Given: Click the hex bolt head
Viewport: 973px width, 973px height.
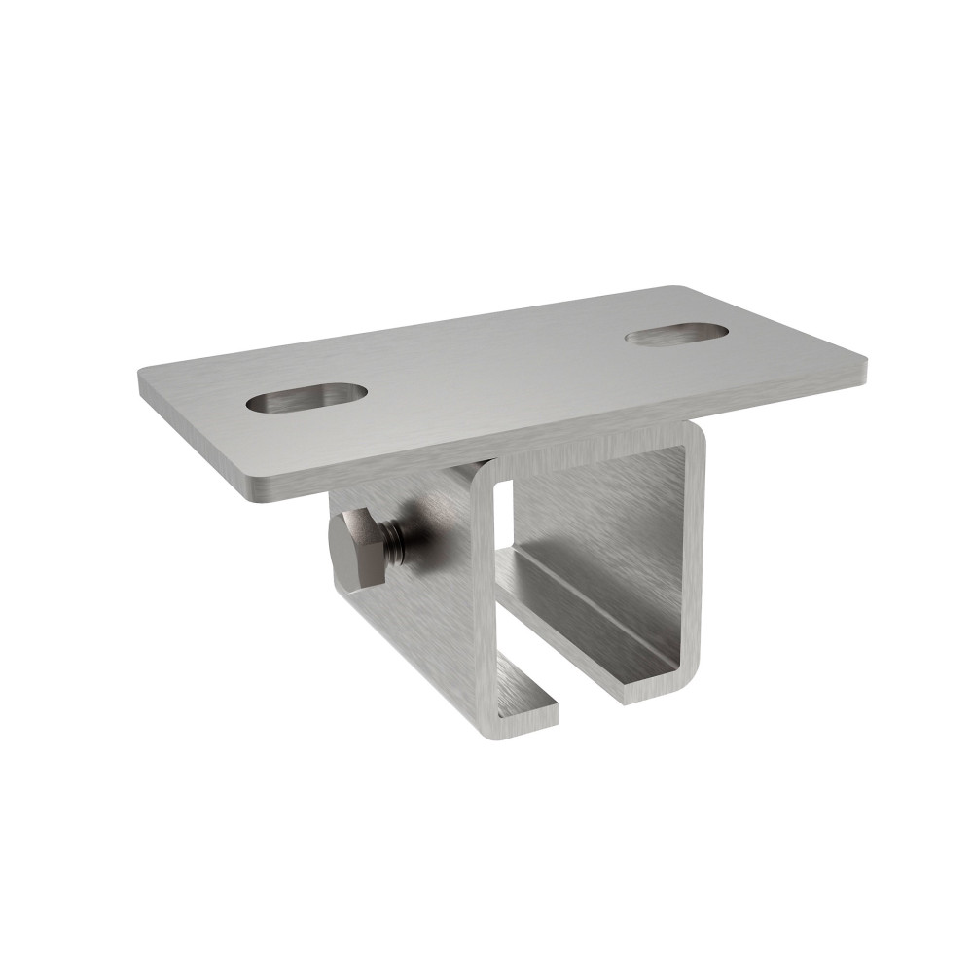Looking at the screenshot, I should [x=357, y=549].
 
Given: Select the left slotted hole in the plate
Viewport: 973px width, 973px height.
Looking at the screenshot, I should [x=306, y=397].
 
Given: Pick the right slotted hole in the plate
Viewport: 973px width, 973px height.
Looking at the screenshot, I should [x=677, y=334].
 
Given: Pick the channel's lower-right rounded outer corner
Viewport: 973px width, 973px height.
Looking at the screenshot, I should [x=693, y=676].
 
